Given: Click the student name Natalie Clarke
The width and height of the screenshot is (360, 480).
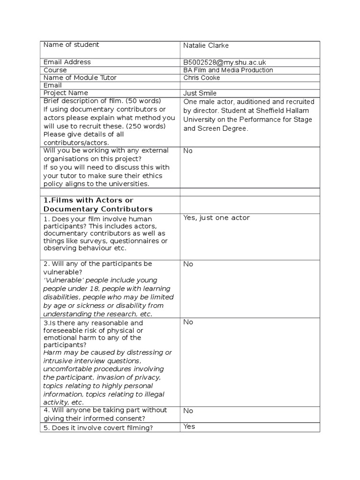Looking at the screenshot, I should (206, 45).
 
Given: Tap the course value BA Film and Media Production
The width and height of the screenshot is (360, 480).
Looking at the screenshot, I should (228, 70).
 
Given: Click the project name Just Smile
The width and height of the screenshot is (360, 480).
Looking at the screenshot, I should (200, 93).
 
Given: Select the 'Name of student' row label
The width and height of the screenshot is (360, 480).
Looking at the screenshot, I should (71, 45).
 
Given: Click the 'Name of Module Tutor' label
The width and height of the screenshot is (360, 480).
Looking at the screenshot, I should (80, 78).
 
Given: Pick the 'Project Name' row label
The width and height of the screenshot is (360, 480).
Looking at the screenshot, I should (66, 93).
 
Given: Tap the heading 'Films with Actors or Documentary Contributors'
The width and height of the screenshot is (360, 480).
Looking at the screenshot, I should (97, 205).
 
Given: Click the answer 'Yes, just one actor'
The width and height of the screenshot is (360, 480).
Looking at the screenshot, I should (217, 218).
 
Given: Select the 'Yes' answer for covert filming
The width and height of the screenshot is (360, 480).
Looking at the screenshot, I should (189, 427).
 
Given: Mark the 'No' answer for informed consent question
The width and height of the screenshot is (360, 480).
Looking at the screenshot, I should (188, 411).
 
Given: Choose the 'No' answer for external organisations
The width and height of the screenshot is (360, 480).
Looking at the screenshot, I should (188, 151).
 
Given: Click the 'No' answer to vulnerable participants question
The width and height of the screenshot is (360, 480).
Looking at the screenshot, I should (188, 264).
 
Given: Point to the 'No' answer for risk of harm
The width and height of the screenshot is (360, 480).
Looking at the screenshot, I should (188, 322).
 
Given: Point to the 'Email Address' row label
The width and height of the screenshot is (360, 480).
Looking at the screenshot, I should (67, 62).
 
